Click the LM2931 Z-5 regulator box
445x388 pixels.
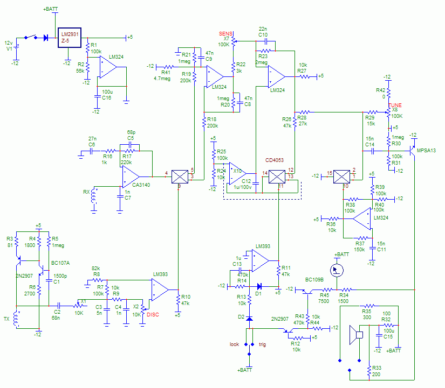(x=69, y=37)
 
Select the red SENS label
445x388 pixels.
(x=225, y=33)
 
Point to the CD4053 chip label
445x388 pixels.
(x=273, y=160)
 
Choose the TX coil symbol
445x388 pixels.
(x=16, y=319)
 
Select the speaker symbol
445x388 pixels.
(x=355, y=335)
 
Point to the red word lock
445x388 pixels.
(x=234, y=344)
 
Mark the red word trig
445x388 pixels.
(x=263, y=344)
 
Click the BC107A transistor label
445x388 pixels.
(x=60, y=263)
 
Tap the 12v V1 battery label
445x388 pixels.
(x=8, y=45)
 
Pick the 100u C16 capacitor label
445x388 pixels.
(x=106, y=95)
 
